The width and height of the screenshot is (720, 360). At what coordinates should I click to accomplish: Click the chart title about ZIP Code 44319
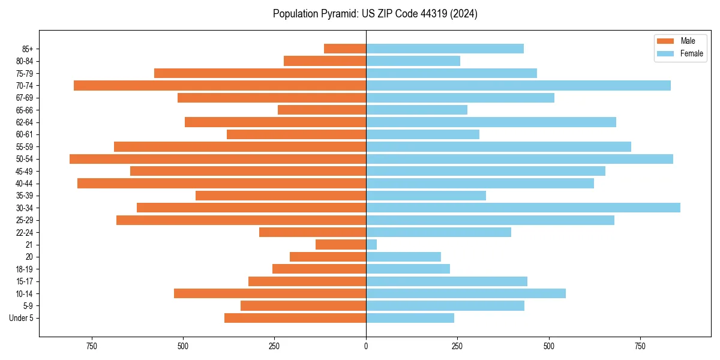pyautogui.click(x=375, y=14)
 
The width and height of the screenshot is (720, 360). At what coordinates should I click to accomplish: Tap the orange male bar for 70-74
pyautogui.click(x=220, y=85)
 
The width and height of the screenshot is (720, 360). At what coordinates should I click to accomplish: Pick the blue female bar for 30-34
pyautogui.click(x=523, y=208)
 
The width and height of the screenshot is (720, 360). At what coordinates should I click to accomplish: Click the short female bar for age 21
pyautogui.click(x=371, y=244)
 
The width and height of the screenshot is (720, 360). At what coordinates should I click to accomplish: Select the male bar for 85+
pyautogui.click(x=345, y=49)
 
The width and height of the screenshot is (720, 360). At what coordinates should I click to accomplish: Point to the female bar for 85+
pyautogui.click(x=445, y=49)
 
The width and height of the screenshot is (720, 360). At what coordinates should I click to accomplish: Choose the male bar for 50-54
pyautogui.click(x=218, y=159)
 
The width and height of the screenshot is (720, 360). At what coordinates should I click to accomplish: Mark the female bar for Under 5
pyautogui.click(x=410, y=318)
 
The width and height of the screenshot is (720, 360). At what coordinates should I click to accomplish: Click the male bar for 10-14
pyautogui.click(x=270, y=293)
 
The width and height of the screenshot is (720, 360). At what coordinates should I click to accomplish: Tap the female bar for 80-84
pyautogui.click(x=413, y=61)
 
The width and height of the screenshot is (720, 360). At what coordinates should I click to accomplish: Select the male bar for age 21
pyautogui.click(x=341, y=244)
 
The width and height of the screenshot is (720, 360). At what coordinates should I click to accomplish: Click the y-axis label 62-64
pyautogui.click(x=25, y=122)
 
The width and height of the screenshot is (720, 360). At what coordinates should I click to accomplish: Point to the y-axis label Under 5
pyautogui.click(x=22, y=318)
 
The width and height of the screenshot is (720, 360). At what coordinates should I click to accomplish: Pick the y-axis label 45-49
pyautogui.click(x=25, y=171)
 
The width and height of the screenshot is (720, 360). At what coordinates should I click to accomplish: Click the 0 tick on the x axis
pyautogui.click(x=366, y=346)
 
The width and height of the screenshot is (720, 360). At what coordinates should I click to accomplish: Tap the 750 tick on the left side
pyautogui.click(x=92, y=346)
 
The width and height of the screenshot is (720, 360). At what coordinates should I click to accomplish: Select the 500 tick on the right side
pyautogui.click(x=549, y=346)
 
